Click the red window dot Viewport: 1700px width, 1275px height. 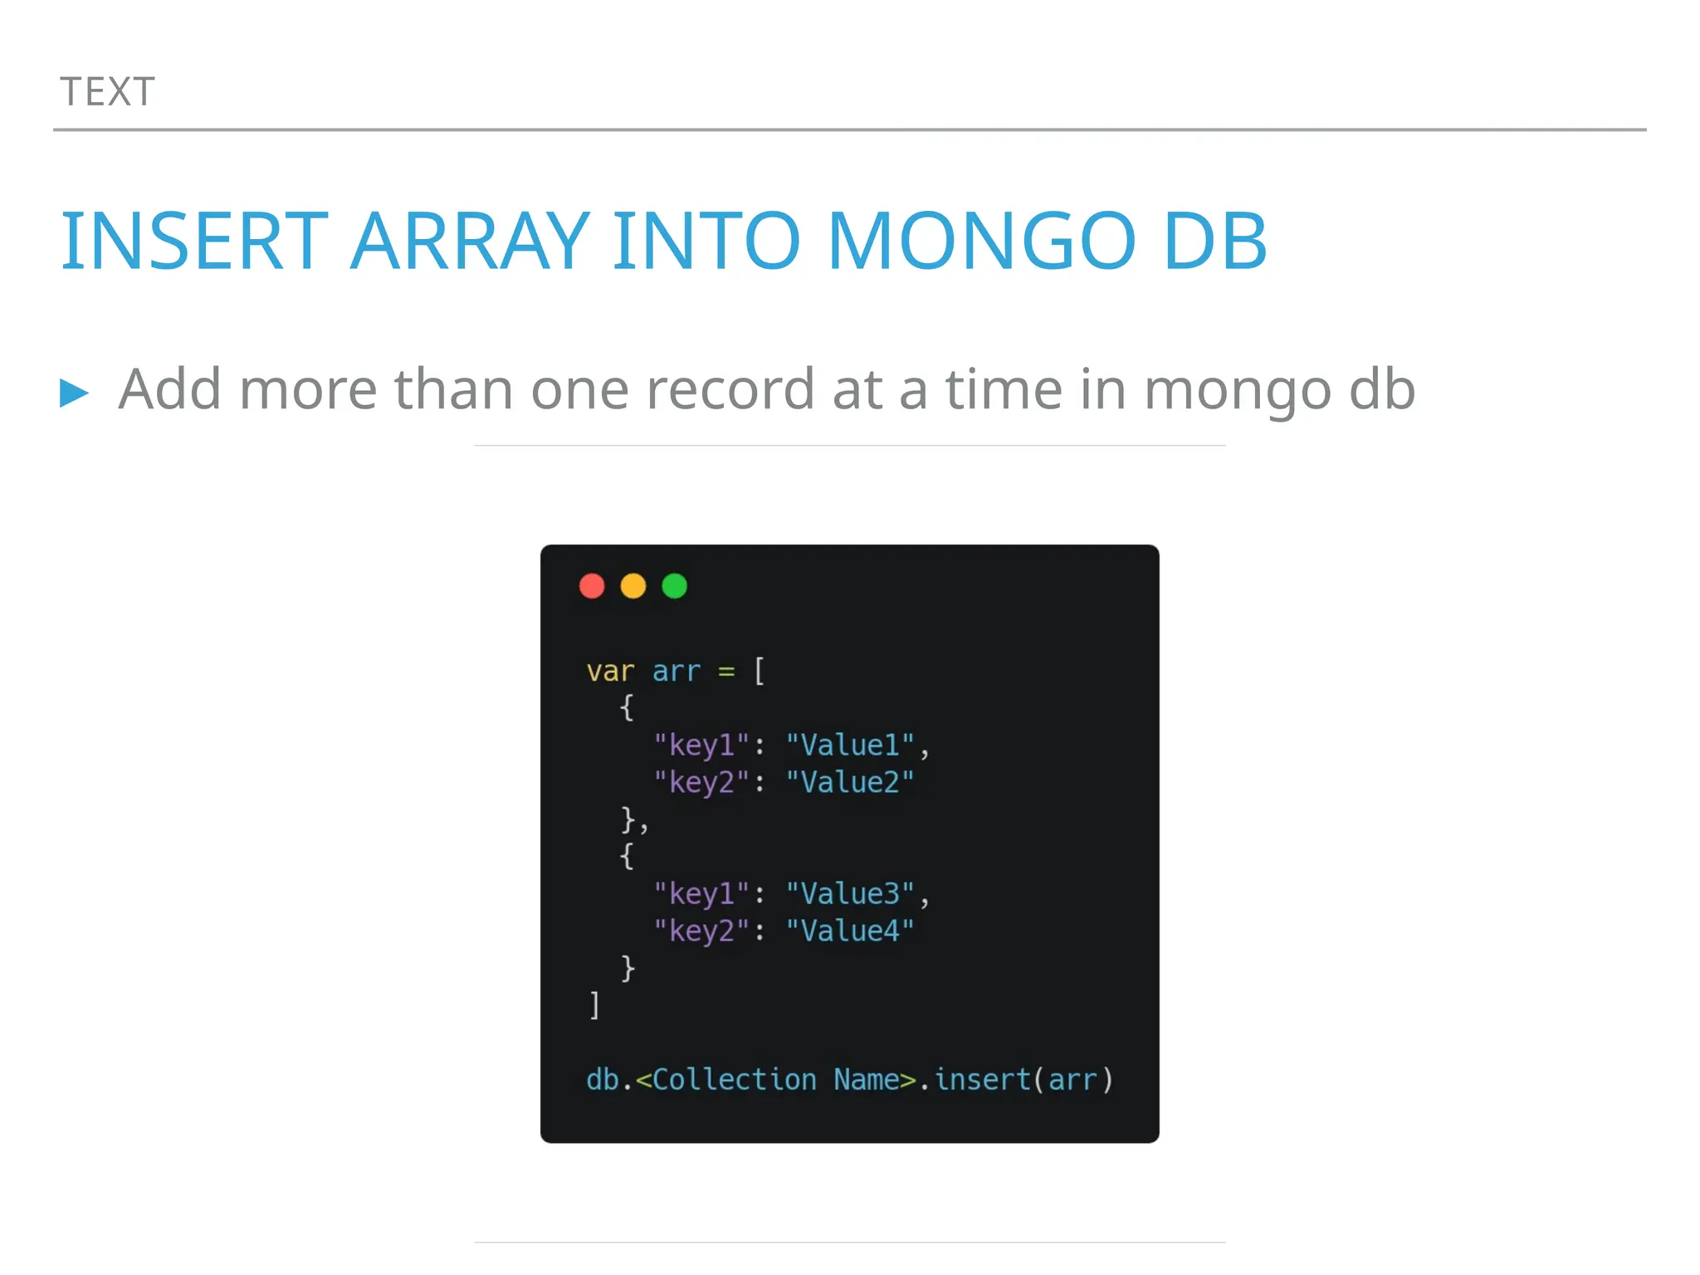point(592,586)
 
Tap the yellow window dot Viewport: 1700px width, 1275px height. point(633,586)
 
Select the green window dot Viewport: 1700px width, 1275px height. point(675,586)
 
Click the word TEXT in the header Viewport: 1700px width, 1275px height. point(107,92)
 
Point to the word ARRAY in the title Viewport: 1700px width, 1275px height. point(470,242)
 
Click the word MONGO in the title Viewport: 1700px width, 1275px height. point(981,242)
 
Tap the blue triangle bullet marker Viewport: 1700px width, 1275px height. point(74,392)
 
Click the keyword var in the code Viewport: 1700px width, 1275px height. point(610,671)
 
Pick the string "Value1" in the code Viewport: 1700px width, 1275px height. point(850,745)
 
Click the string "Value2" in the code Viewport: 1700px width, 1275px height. point(850,782)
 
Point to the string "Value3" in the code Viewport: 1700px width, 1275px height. point(850,893)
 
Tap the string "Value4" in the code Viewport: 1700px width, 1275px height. point(850,931)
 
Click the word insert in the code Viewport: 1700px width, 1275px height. point(982,1079)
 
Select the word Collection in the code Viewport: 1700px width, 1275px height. point(735,1079)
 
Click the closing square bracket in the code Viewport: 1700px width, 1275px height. point(594,1004)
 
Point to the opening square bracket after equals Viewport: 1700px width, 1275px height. point(759,671)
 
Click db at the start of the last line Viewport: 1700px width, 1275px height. point(603,1079)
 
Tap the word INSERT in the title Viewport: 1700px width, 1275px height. point(195,242)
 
